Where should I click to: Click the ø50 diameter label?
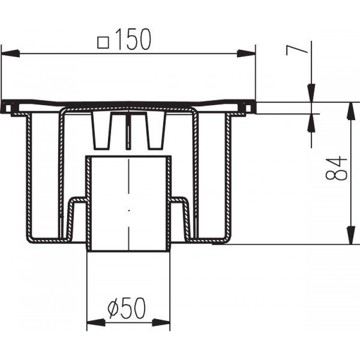pyautogui.click(x=126, y=310)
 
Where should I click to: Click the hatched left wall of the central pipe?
pyautogui.click(x=88, y=202)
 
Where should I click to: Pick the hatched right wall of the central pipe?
pyautogui.click(x=168, y=202)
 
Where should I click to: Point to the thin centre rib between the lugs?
pyautogui.click(x=128, y=127)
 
